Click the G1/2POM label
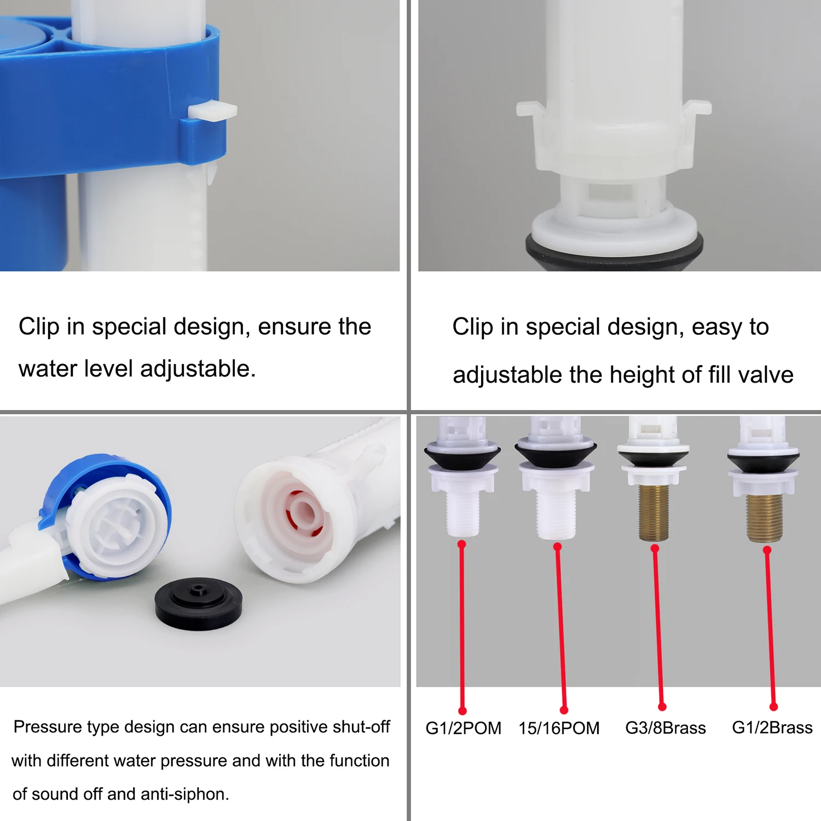tap(463, 728)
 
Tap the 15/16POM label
tap(559, 728)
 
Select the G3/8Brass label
tap(666, 728)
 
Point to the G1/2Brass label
tap(772, 727)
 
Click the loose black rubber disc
tap(198, 603)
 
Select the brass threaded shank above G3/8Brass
tap(654, 512)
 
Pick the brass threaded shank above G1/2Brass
tap(765, 517)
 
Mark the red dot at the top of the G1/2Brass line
tap(767, 550)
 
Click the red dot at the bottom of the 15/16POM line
tap(564, 710)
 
